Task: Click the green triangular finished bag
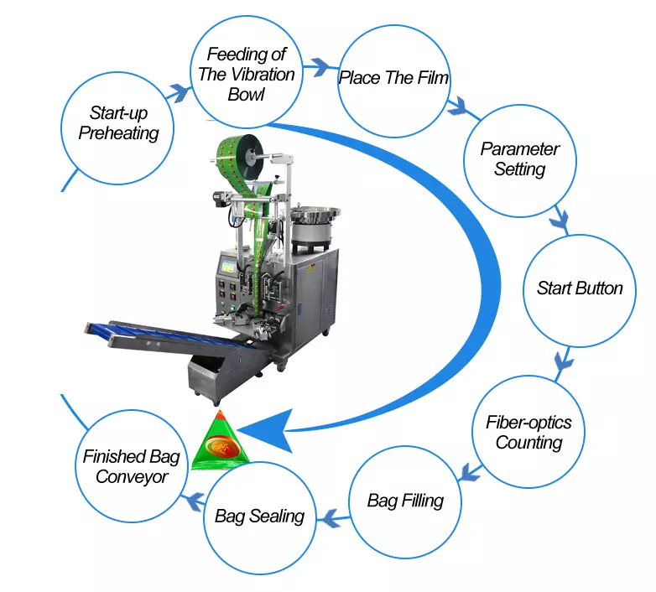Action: [220, 444]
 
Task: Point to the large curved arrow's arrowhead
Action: [268, 431]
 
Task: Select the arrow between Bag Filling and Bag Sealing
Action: [333, 519]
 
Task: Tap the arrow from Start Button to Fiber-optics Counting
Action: [563, 361]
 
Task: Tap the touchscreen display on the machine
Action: [227, 266]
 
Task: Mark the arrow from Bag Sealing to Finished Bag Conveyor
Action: [193, 501]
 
